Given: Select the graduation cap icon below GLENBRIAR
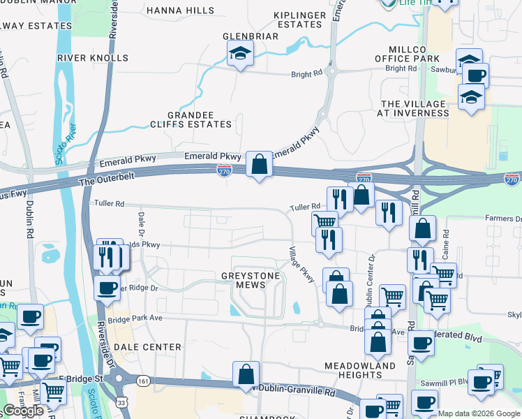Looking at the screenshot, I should (239, 53).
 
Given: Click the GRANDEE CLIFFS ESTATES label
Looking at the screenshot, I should (200, 119).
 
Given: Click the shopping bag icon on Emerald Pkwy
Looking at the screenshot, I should (259, 165).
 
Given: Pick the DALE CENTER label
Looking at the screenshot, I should (147, 346).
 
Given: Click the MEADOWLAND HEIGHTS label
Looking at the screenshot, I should (360, 370).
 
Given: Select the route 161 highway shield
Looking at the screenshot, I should (143, 381).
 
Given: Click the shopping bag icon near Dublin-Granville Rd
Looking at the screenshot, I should (246, 375).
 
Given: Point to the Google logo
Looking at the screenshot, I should (24, 411).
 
